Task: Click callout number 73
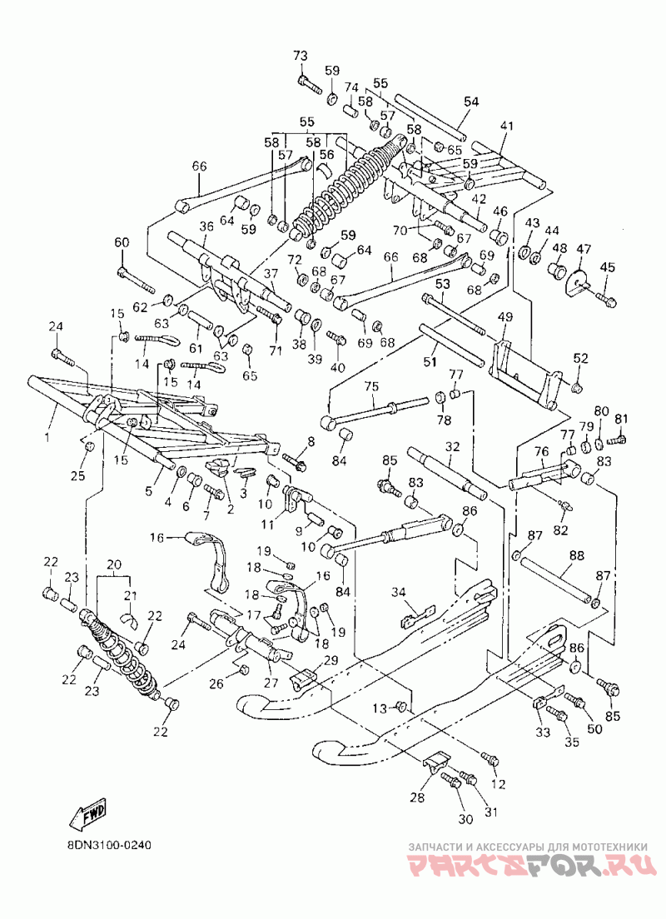pyautogui.click(x=301, y=57)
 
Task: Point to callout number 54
pyautogui.click(x=471, y=102)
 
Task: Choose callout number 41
pyautogui.click(x=506, y=126)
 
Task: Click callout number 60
pyautogui.click(x=122, y=242)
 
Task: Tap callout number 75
pyautogui.click(x=371, y=386)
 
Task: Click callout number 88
pyautogui.click(x=577, y=554)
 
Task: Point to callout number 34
pyautogui.click(x=399, y=593)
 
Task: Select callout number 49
pyautogui.click(x=504, y=317)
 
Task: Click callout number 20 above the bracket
pyautogui.click(x=114, y=564)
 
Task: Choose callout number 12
pyautogui.click(x=499, y=784)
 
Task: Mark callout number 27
pyautogui.click(x=271, y=683)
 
